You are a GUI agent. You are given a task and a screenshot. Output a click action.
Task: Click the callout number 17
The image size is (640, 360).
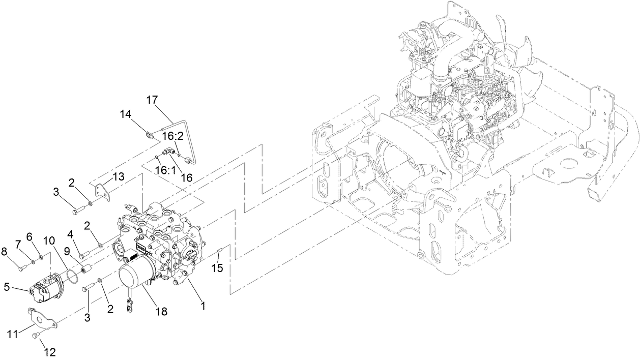[x=153, y=100]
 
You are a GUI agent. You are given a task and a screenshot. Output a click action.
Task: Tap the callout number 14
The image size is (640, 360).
[x=126, y=114]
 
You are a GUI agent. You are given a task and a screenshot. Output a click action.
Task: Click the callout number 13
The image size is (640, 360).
[x=118, y=176]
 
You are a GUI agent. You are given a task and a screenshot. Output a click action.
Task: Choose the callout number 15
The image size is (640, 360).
[x=217, y=268]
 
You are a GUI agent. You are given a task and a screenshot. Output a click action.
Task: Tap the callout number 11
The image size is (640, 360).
[x=11, y=334]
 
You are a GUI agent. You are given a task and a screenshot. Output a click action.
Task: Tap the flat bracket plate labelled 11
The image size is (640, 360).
[x=42, y=319]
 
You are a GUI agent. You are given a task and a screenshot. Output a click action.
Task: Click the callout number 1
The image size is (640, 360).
[x=202, y=306]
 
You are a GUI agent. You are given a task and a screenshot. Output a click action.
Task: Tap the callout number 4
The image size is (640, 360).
[x=70, y=235]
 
